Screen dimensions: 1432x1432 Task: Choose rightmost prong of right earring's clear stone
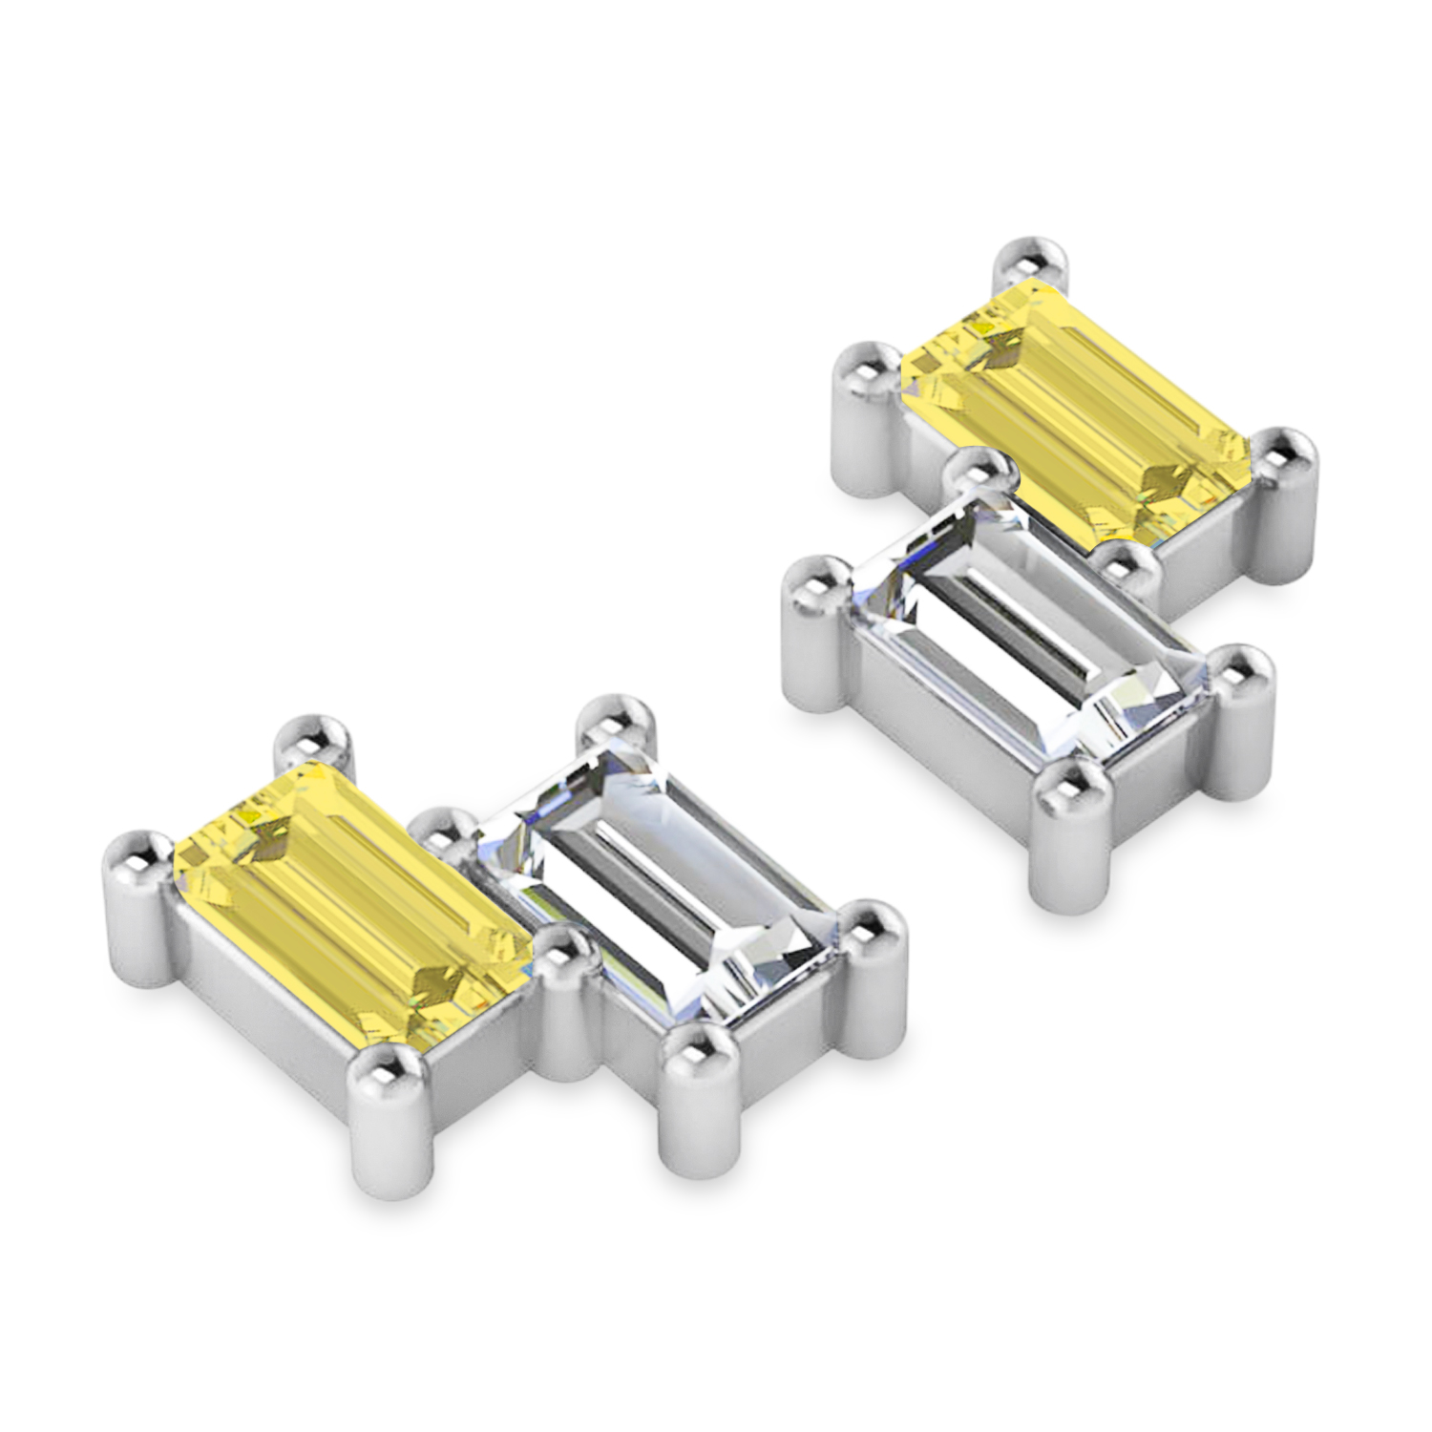click(x=1241, y=668)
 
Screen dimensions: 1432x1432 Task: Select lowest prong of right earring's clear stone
click(x=1069, y=788)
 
